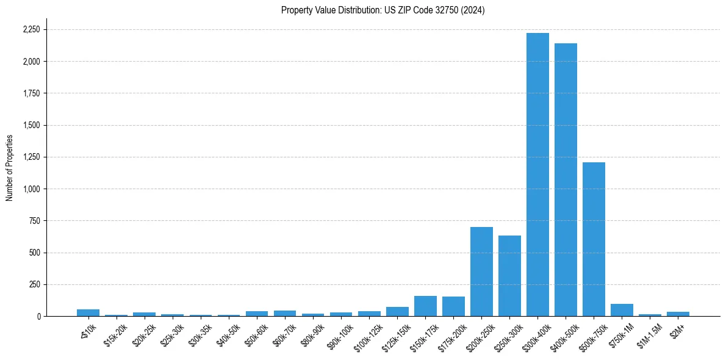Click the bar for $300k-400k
[537, 175]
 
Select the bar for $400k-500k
[566, 179]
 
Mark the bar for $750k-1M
[622, 310]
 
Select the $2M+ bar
[678, 314]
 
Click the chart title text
[383, 10]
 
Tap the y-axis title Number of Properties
[10, 167]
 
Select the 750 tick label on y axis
[35, 221]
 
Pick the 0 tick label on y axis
[39, 316]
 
